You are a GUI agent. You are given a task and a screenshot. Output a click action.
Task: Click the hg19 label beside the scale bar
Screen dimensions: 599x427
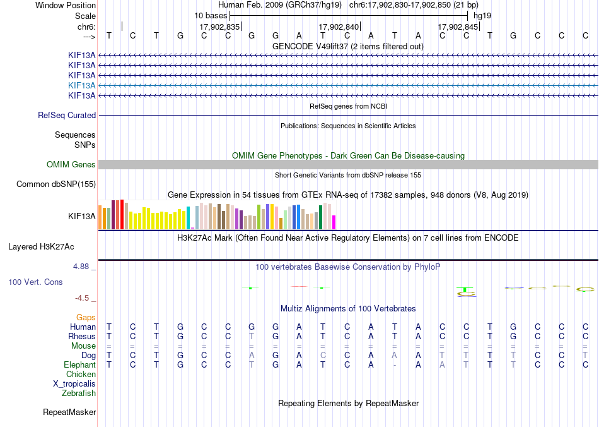coord(482,16)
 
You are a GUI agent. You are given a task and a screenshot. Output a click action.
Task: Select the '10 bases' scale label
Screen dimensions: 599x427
coord(211,16)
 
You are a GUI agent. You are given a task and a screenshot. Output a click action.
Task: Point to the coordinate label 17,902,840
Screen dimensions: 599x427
coord(339,27)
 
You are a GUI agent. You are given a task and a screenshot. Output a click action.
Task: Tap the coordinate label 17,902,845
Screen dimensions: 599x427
coord(458,27)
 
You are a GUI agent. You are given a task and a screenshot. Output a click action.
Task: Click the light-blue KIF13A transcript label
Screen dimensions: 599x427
coord(82,85)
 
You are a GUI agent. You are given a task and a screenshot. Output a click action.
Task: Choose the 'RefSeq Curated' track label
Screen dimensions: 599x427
coord(67,115)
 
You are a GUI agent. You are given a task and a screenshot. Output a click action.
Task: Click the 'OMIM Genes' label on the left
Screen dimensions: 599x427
coord(71,164)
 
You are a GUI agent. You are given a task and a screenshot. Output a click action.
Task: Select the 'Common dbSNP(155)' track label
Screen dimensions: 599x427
coord(56,184)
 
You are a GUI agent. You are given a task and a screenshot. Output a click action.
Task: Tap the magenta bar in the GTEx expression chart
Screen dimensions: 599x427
coord(334,222)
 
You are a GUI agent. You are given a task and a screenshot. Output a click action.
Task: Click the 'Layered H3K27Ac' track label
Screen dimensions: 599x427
coord(41,247)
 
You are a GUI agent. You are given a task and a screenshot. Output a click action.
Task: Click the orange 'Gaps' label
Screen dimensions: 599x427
coord(86,318)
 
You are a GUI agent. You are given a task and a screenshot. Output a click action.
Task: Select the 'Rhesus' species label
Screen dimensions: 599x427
coord(82,336)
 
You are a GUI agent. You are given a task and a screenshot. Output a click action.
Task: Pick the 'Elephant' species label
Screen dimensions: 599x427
coord(79,364)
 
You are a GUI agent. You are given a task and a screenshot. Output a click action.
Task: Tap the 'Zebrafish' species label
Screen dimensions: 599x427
coord(79,393)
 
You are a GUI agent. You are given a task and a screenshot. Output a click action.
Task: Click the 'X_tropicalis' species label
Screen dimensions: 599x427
coord(74,384)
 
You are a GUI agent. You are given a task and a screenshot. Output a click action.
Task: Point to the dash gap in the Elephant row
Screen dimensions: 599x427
coord(395,365)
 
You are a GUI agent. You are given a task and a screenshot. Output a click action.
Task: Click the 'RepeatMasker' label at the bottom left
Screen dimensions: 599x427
coord(69,412)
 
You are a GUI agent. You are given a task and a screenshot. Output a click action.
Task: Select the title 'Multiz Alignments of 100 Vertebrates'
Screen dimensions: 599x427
coord(348,308)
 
